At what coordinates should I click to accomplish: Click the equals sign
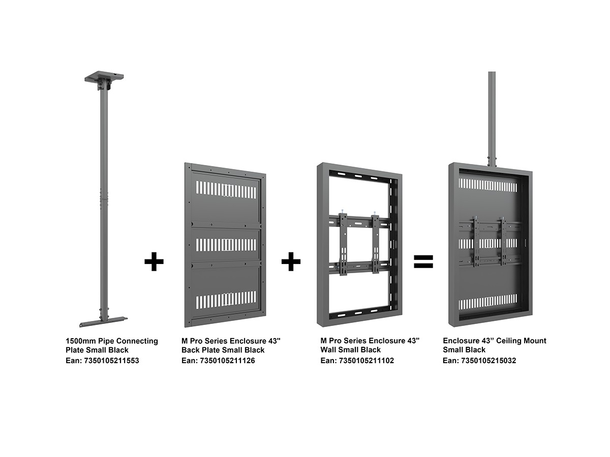click(x=423, y=262)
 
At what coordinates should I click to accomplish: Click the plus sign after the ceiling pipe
click(x=154, y=262)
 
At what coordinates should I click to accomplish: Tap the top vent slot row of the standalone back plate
click(x=226, y=190)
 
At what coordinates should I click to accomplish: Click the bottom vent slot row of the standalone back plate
click(x=226, y=300)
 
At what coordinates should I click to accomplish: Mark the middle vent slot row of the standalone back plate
click(x=226, y=245)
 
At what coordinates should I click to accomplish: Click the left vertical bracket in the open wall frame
click(x=343, y=243)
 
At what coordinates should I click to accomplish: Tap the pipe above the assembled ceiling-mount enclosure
click(x=492, y=117)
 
